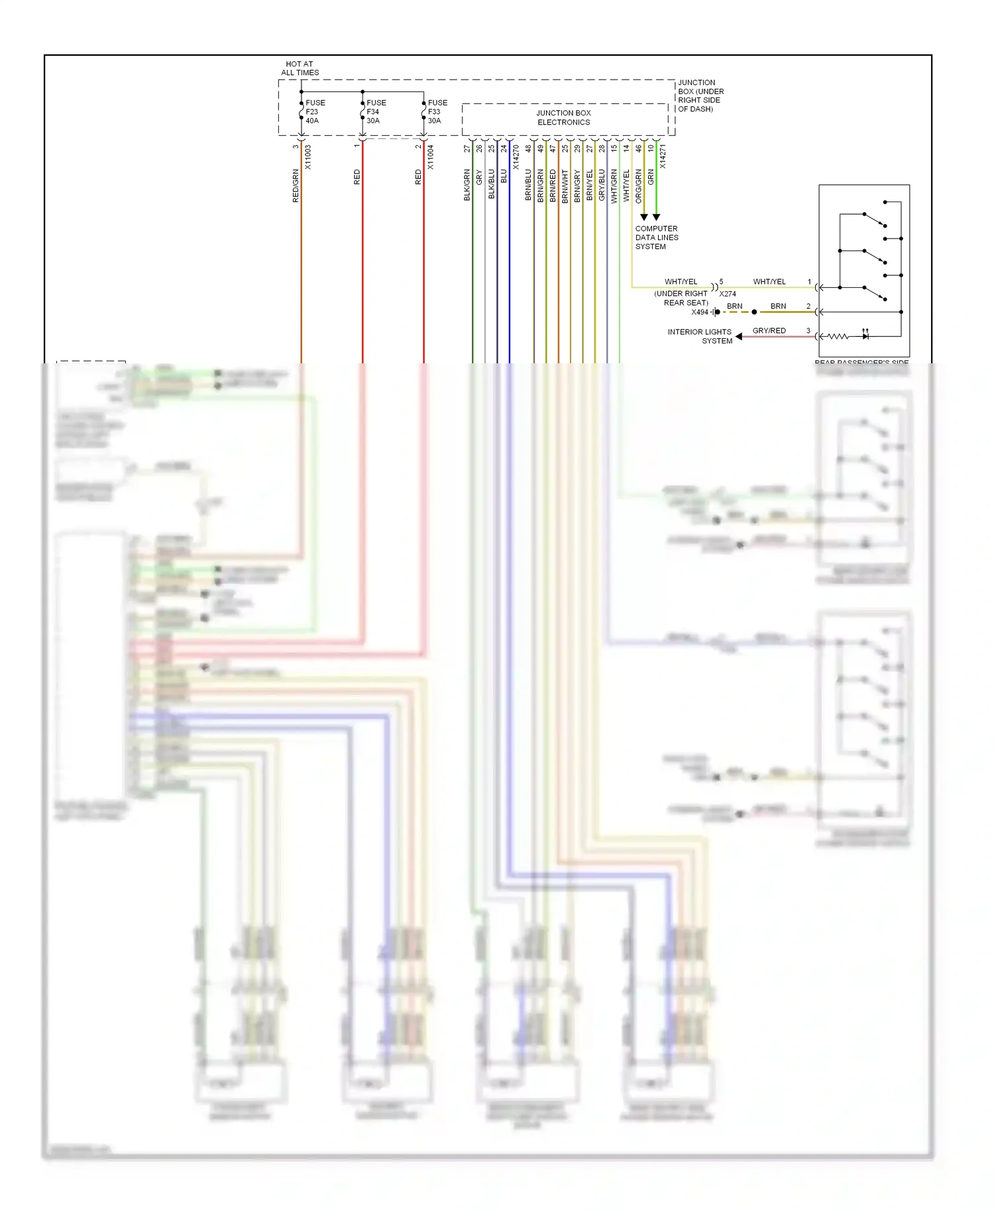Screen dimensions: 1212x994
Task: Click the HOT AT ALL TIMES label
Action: [x=300, y=68]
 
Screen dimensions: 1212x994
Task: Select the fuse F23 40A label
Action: [x=315, y=112]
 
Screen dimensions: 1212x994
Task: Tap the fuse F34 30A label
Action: [x=376, y=112]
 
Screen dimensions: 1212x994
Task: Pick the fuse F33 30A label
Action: [x=437, y=112]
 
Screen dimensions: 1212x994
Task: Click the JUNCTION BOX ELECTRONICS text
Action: [x=563, y=117]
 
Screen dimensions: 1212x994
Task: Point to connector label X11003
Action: [x=307, y=158]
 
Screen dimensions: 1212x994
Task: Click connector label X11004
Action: [x=430, y=158]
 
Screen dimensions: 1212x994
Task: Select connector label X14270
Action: [x=516, y=158]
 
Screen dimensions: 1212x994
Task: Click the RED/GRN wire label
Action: [x=296, y=186]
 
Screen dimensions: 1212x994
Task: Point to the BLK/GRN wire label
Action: [x=467, y=185]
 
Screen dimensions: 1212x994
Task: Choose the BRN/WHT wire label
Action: [x=565, y=186]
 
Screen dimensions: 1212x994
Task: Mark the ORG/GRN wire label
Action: [x=638, y=186]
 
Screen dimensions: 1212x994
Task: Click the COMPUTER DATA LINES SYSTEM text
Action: [x=656, y=237]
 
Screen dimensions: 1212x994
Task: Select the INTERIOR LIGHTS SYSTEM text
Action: [x=700, y=336]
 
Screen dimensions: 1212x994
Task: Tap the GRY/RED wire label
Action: [x=769, y=330]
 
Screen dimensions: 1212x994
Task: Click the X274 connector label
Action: [x=728, y=294]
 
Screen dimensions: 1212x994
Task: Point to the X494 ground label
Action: [x=700, y=312]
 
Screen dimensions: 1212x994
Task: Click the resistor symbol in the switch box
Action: [x=838, y=337]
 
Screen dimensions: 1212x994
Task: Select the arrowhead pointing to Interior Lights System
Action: [x=739, y=337]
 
